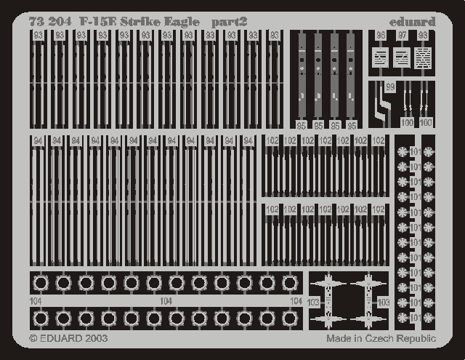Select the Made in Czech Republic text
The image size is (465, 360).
[381, 338]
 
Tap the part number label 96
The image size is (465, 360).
[381, 35]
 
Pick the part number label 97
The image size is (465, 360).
[402, 35]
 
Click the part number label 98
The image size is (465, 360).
[422, 35]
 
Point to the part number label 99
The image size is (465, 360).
[390, 87]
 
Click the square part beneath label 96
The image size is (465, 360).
[380, 57]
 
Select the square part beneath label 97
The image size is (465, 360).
[401, 57]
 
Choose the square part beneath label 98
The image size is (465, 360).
[422, 57]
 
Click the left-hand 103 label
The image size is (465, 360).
[313, 301]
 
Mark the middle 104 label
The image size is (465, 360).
[166, 300]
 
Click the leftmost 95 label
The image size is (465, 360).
[301, 125]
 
